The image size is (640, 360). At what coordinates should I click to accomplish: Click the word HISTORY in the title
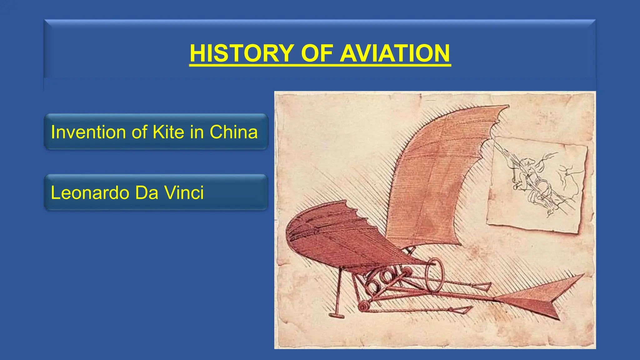pyautogui.click(x=242, y=53)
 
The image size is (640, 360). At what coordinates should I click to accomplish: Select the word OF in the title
pyautogui.click(x=316, y=53)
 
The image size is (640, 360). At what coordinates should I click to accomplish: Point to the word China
pyautogui.click(x=233, y=132)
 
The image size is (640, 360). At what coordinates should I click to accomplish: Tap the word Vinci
pyautogui.click(x=184, y=192)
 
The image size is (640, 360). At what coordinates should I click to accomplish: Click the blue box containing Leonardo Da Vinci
pyautogui.click(x=156, y=192)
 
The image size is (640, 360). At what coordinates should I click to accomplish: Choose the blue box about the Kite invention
pyautogui.click(x=156, y=132)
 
